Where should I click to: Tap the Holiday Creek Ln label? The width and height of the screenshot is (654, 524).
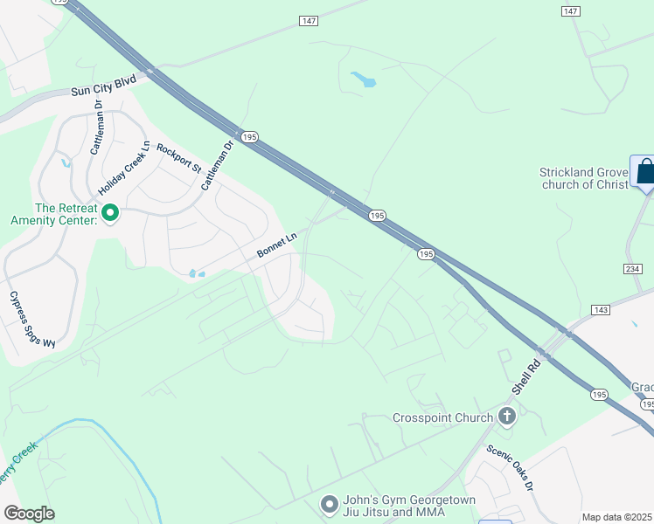click(x=125, y=168)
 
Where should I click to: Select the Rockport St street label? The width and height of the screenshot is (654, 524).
click(x=179, y=156)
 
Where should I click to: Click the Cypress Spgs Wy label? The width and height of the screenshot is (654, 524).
click(x=31, y=319)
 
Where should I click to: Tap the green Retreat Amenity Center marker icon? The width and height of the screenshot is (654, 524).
click(x=111, y=213)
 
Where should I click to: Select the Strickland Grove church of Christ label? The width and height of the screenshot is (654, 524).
click(x=584, y=178)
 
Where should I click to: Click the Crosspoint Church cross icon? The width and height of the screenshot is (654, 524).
click(x=506, y=417)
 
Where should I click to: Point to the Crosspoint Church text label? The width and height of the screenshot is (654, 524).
click(x=442, y=417)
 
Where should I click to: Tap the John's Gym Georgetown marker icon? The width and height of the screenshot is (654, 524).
click(x=330, y=503)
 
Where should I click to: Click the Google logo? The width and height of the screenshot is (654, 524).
click(x=30, y=514)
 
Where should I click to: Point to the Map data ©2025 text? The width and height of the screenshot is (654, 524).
click(x=616, y=517)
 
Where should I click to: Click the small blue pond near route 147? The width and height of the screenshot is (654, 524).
click(x=364, y=80)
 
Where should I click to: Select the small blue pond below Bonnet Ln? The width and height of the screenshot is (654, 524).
click(x=196, y=274)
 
